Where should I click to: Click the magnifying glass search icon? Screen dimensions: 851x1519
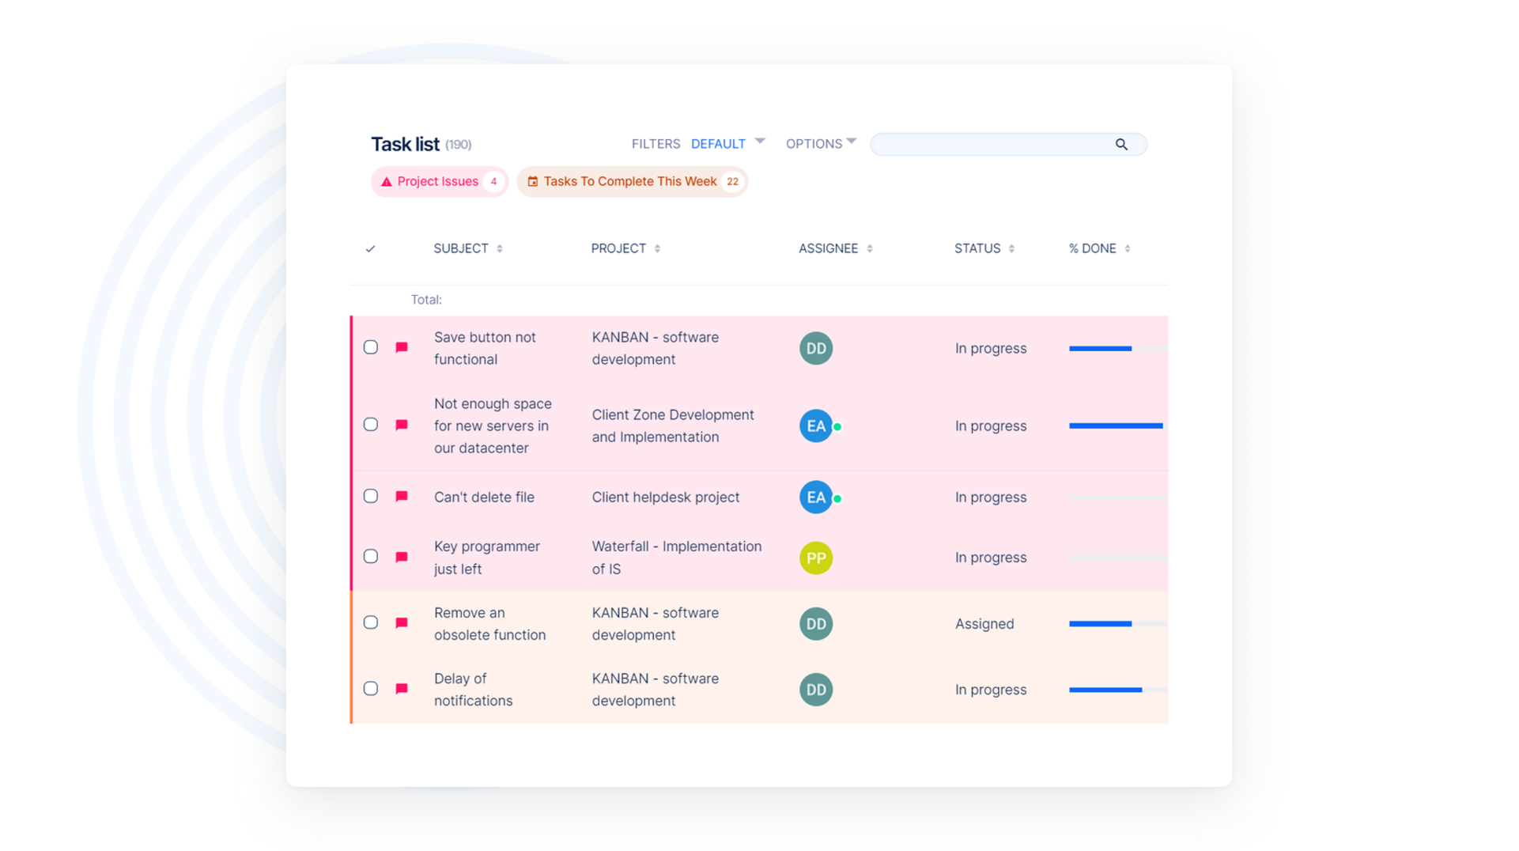coord(1121,144)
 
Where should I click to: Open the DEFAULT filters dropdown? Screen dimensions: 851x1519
coord(727,144)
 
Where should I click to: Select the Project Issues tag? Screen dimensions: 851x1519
coord(437,182)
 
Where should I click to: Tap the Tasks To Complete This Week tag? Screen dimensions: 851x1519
coord(629,182)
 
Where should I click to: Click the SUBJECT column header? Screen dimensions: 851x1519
coord(461,248)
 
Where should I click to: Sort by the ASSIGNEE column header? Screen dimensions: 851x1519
coord(828,248)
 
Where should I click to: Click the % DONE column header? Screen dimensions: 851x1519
coord(1092,248)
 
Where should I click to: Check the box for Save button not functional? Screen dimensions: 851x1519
coord(371,347)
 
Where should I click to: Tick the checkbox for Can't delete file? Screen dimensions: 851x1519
coord(371,496)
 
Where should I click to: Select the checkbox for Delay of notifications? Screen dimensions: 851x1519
coord(371,688)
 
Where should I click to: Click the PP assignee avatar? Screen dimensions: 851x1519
coord(816,558)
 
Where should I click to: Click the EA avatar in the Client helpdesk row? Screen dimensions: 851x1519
coord(816,497)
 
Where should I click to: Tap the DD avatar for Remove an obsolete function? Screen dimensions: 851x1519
coord(816,624)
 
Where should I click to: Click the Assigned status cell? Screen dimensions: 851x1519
coord(984,624)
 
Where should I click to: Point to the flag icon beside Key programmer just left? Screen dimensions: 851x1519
coord(402,557)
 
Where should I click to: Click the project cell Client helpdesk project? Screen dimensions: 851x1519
coord(666,497)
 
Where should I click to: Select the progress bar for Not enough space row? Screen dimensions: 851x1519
coord(1116,425)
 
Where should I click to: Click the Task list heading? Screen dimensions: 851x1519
coord(405,144)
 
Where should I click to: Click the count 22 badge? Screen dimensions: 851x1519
coord(732,182)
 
